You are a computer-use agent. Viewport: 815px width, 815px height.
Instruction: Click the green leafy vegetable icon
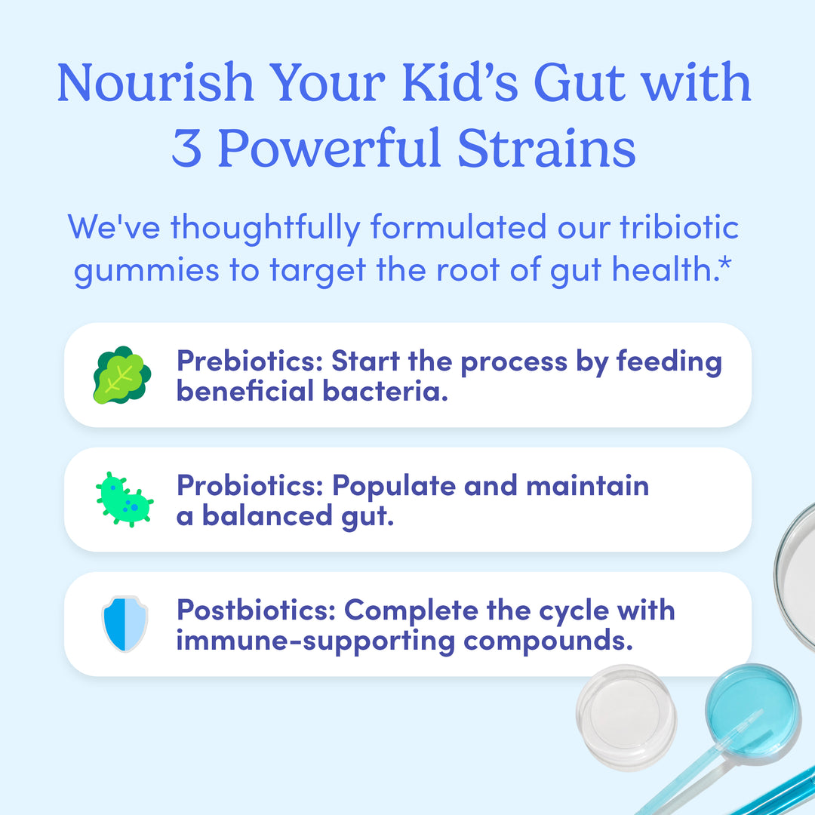121,375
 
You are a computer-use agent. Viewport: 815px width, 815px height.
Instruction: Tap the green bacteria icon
125,500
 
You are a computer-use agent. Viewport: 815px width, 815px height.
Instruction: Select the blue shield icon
125,623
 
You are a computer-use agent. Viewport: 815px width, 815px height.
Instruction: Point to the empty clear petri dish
626,716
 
